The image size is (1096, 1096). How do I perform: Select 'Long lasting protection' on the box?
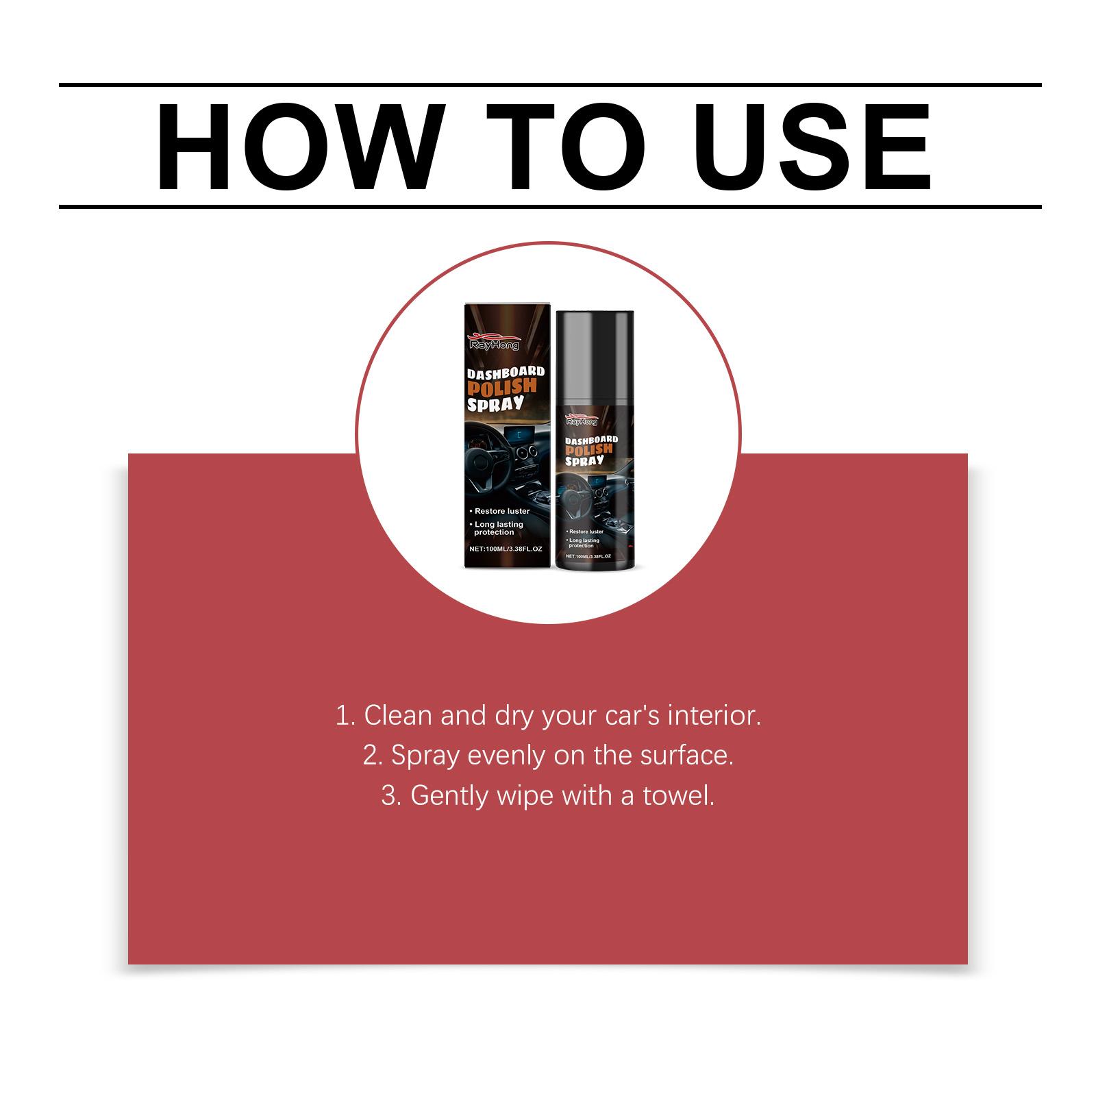[x=499, y=528]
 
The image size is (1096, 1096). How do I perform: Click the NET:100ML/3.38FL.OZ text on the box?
[x=506, y=549]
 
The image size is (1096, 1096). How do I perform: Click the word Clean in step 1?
[x=398, y=716]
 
